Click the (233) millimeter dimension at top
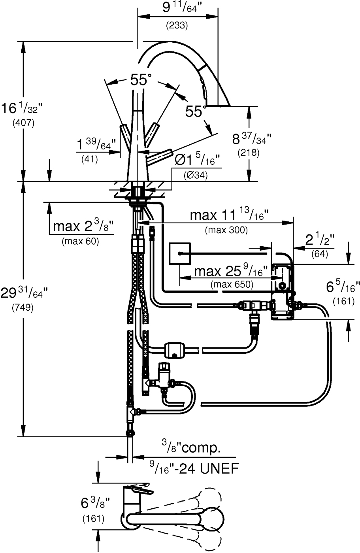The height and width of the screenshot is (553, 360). tap(177, 26)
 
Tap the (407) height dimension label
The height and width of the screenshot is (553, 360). tap(24, 123)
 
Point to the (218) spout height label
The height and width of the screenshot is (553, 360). tap(248, 153)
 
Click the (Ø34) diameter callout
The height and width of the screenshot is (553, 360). tap(196, 174)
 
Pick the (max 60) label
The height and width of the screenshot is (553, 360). tap(80, 241)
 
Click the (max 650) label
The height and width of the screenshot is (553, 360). tap(232, 284)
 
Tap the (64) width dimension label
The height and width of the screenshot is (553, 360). tap(319, 254)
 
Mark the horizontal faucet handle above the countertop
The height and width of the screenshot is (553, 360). tap(160, 155)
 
